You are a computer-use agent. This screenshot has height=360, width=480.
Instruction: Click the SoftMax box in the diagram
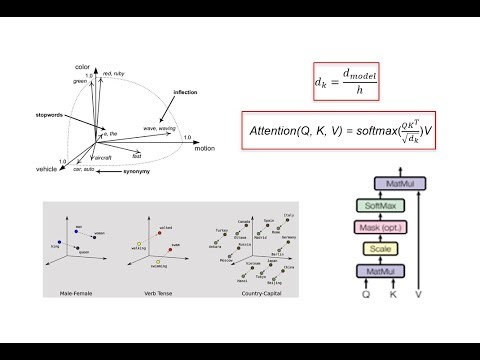383,205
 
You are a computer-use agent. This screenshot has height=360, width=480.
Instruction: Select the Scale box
383,249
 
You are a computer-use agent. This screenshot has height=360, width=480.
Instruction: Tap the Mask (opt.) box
383,227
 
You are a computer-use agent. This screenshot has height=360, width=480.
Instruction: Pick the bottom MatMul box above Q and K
383,271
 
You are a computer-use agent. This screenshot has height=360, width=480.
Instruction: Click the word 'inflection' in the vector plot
186,93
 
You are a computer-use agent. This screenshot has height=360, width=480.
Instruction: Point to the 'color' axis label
83,66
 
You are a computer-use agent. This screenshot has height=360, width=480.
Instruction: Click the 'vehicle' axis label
47,171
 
